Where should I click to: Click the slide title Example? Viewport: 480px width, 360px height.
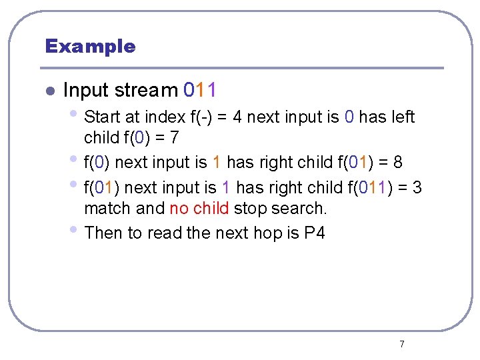pyautogui.click(x=90, y=46)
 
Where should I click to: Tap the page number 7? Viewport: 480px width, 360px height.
pyautogui.click(x=401, y=344)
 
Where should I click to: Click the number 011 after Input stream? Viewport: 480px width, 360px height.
pyautogui.click(x=199, y=89)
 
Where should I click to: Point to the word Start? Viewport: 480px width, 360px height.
pyautogui.click(x=103, y=117)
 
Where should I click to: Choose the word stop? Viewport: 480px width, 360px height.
pyautogui.click(x=250, y=209)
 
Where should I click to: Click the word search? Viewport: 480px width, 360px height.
pyautogui.click(x=299, y=209)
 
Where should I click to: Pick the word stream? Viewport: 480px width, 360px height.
pyautogui.click(x=145, y=89)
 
